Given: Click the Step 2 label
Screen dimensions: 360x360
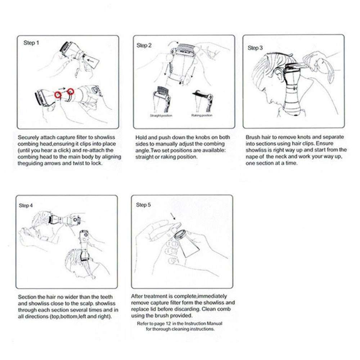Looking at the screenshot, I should (x=144, y=45).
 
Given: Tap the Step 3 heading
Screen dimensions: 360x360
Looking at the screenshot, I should (x=255, y=48).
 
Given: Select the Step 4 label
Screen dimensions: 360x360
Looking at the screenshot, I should (x=26, y=205).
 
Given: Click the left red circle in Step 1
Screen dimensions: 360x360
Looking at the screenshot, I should (x=58, y=94).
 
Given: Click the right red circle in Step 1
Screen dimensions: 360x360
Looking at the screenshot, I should (x=70, y=91).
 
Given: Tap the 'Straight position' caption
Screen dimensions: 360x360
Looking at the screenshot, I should (x=161, y=116).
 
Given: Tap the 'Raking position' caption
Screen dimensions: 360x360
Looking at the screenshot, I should (x=202, y=116).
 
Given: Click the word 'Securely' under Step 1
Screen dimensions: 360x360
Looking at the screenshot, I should (x=28, y=137).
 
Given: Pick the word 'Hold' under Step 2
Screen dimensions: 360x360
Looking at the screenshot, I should (x=141, y=137).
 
